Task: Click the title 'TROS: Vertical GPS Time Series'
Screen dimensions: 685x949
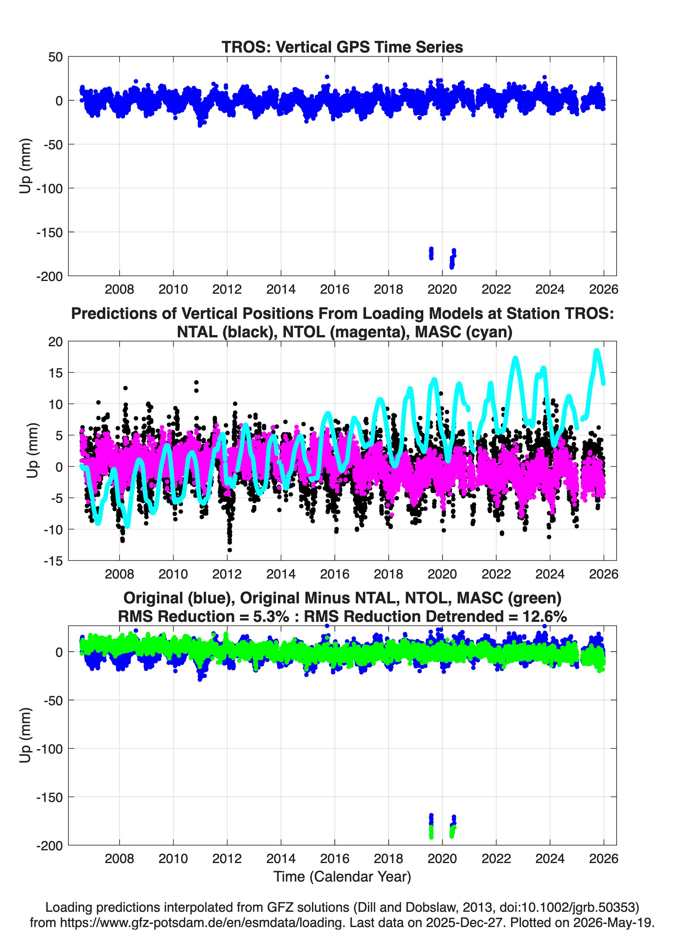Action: pyautogui.click(x=342, y=47)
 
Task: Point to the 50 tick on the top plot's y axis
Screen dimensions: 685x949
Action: pyautogui.click(x=55, y=57)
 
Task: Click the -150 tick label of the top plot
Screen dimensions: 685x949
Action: pyautogui.click(x=49, y=232)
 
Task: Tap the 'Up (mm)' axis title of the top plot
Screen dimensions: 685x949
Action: pyautogui.click(x=25, y=166)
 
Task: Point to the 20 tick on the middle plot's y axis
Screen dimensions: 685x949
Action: pyautogui.click(x=55, y=341)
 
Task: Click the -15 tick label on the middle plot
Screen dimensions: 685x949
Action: pyautogui.click(x=53, y=561)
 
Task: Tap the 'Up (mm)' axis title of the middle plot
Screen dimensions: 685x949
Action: pyautogui.click(x=32, y=450)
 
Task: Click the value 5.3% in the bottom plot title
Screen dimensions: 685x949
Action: pyautogui.click(x=271, y=616)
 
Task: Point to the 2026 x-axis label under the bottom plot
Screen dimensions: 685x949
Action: pyautogui.click(x=604, y=858)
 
